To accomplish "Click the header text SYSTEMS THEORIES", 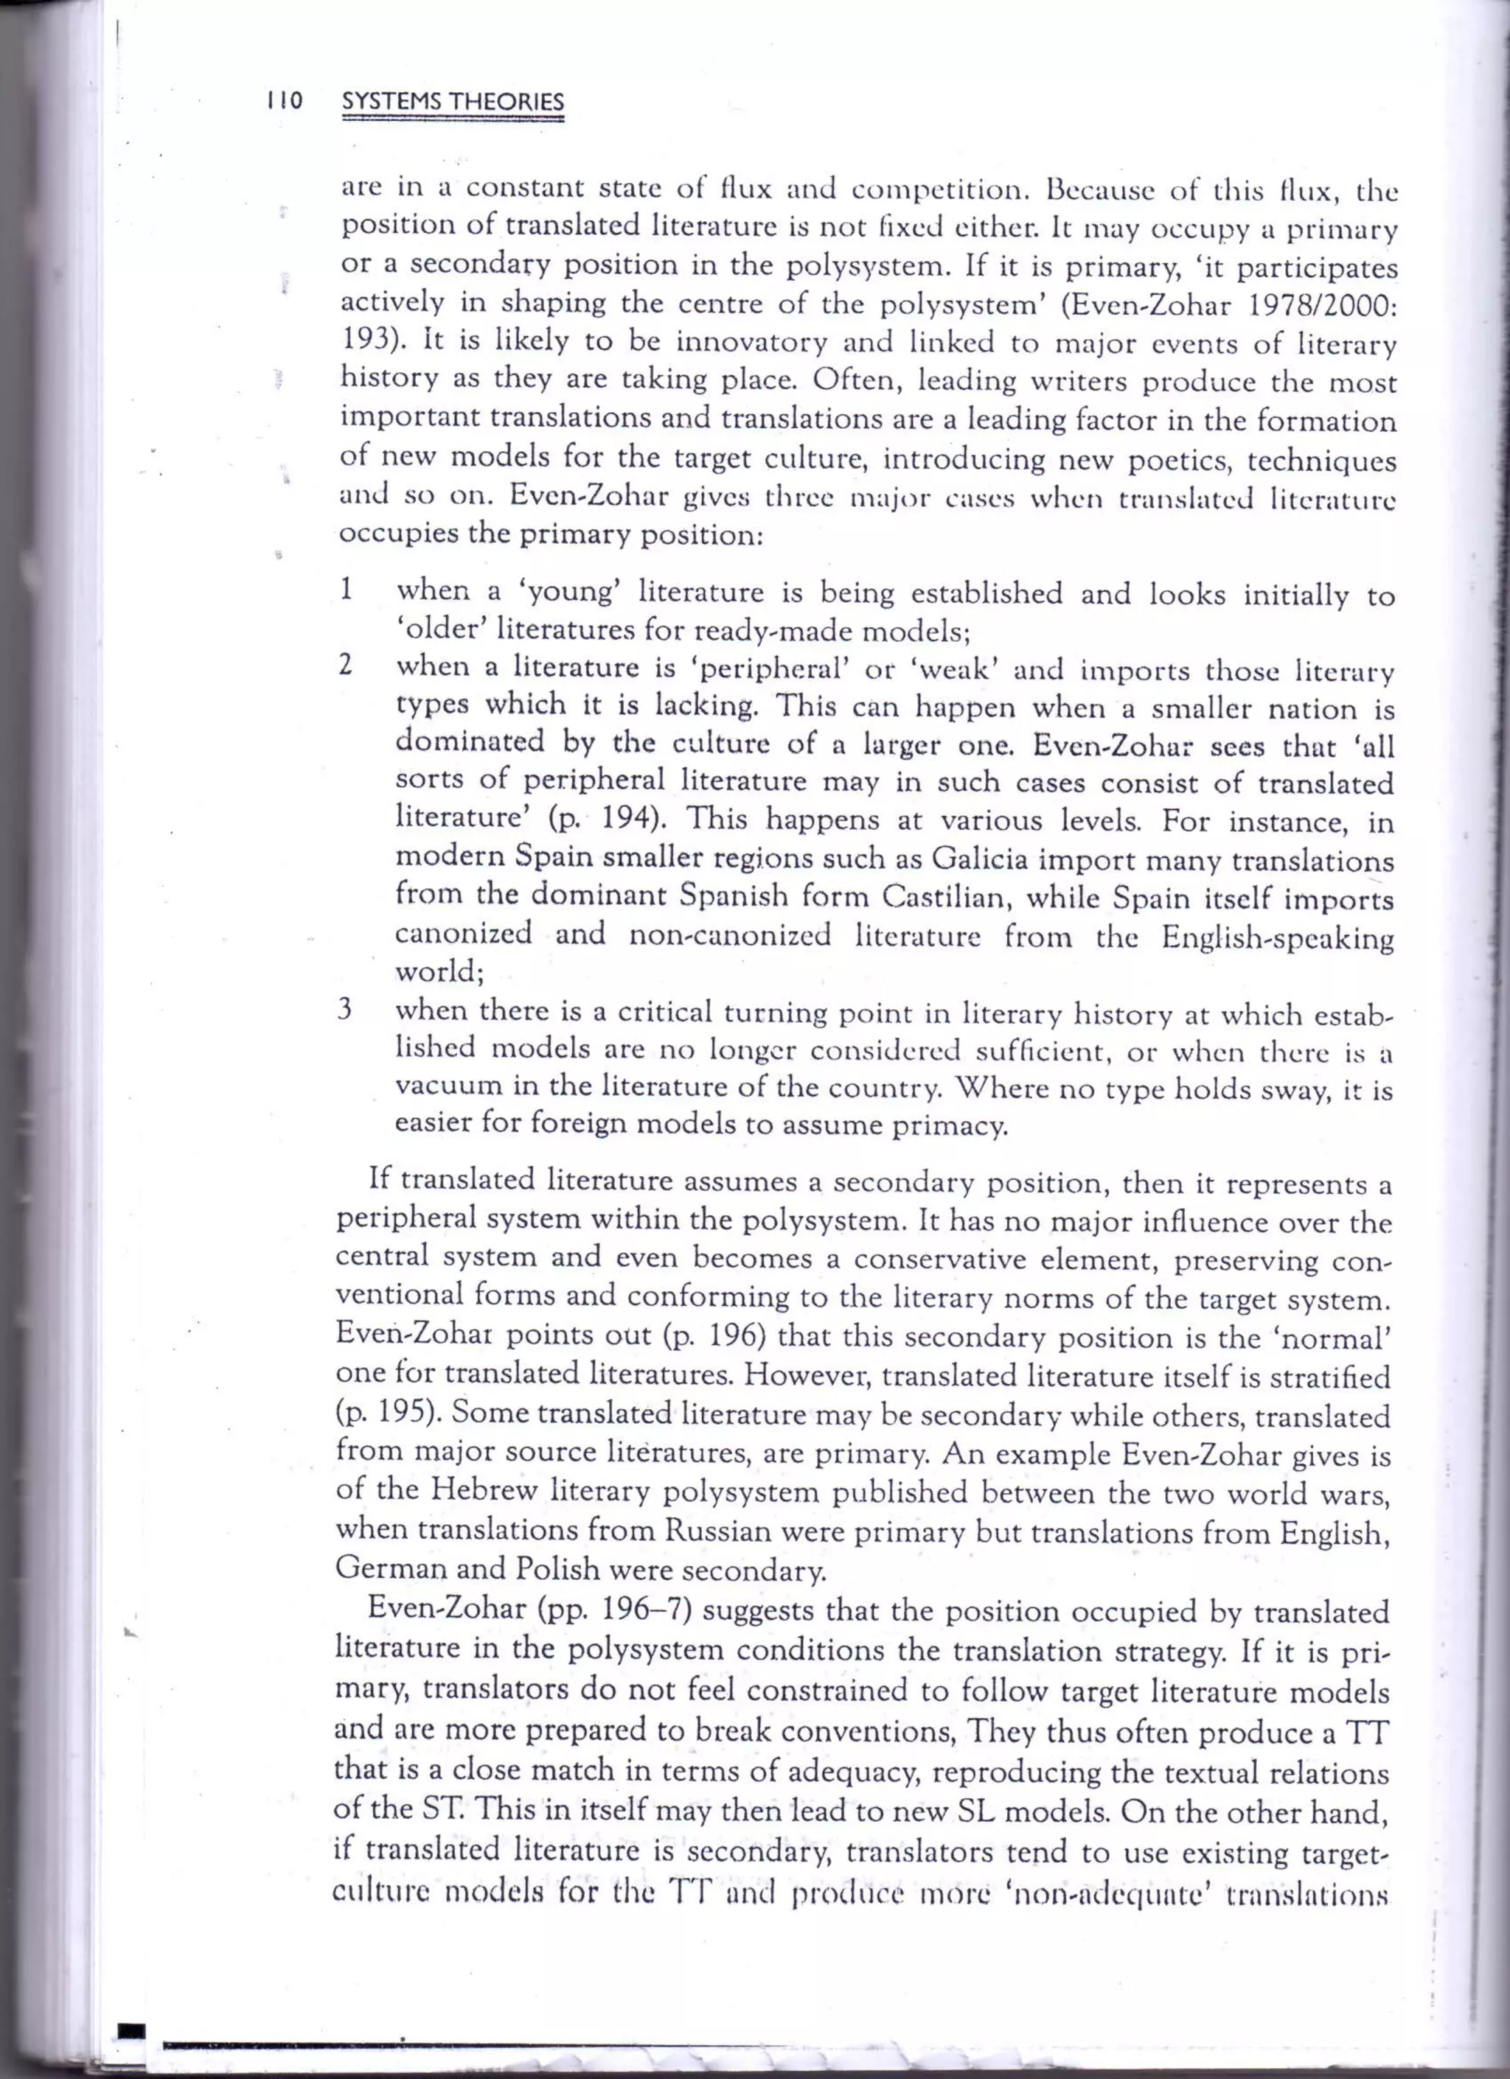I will pyautogui.click(x=452, y=102).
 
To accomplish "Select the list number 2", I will pyautogui.click(x=346, y=665).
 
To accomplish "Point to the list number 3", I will pyautogui.click(x=345, y=1011).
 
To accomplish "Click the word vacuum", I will pyautogui.click(x=449, y=1086).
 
